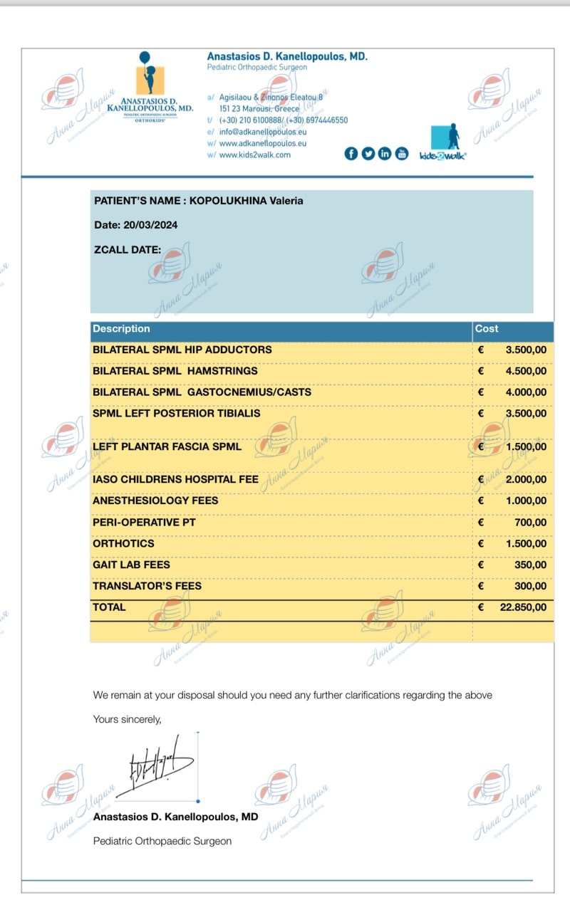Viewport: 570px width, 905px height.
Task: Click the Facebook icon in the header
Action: pyautogui.click(x=351, y=154)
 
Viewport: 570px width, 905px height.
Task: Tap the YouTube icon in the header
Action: pyautogui.click(x=402, y=154)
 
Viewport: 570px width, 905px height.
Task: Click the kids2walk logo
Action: pyautogui.click(x=442, y=143)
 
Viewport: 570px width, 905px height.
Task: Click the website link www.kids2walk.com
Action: pyautogui.click(x=254, y=155)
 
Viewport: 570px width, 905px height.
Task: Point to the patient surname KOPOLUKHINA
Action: pyautogui.click(x=227, y=201)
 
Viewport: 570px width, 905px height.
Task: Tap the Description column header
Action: pyautogui.click(x=121, y=329)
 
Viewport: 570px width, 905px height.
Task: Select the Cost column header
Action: pyautogui.click(x=487, y=329)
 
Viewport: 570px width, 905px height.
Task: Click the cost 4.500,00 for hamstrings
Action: pyautogui.click(x=526, y=371)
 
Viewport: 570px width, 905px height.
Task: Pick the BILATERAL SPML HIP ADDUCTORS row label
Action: pyautogui.click(x=182, y=350)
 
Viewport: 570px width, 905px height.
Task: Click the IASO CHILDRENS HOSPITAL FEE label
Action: pyautogui.click(x=175, y=479)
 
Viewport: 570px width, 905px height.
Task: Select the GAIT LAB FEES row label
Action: pyautogui.click(x=131, y=565)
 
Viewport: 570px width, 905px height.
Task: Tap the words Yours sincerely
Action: pyautogui.click(x=127, y=720)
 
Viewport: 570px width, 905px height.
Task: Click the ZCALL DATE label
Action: pyautogui.click(x=128, y=250)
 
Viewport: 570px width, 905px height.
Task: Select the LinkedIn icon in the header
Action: pyautogui.click(x=385, y=154)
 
